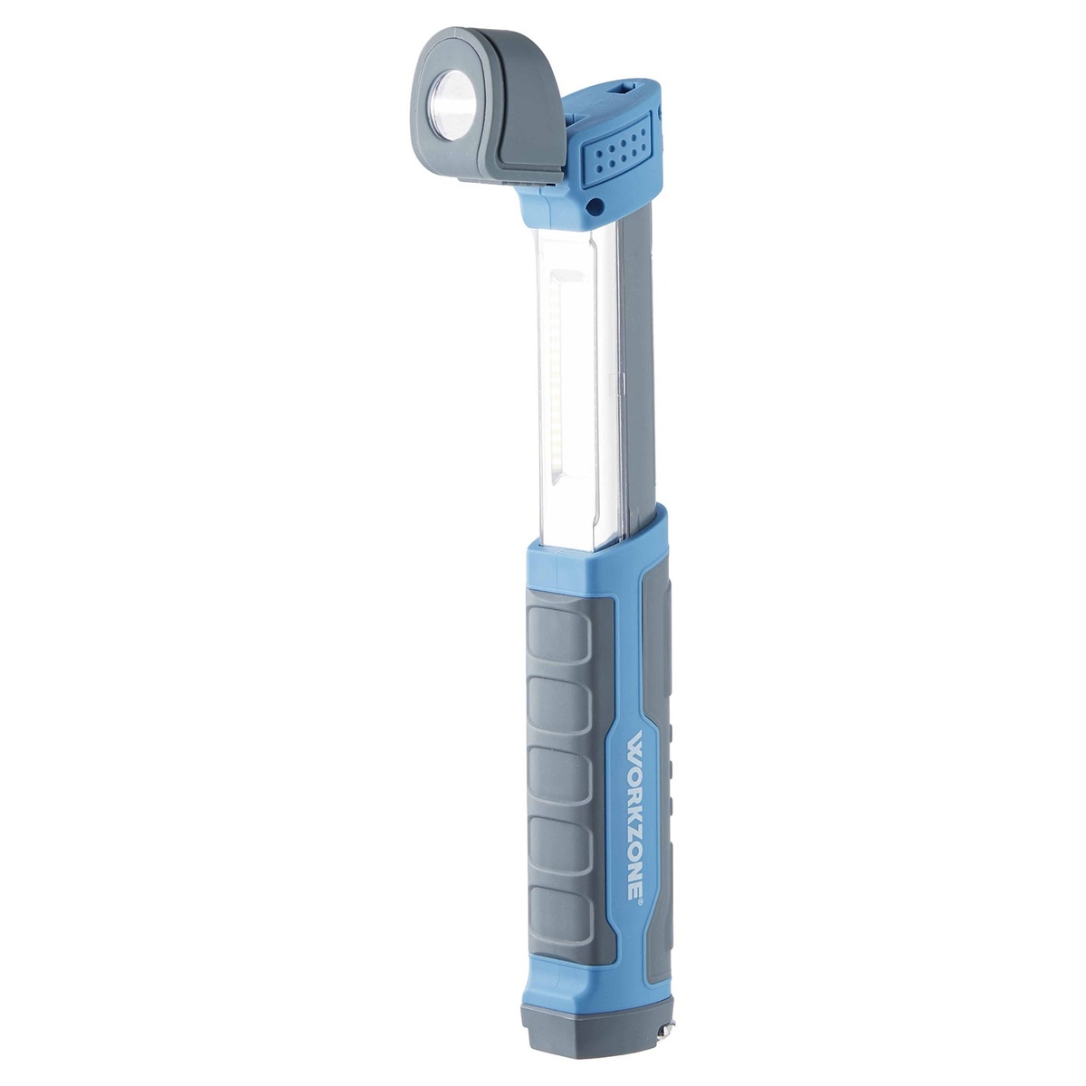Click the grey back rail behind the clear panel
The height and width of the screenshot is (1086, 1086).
[x=638, y=362]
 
